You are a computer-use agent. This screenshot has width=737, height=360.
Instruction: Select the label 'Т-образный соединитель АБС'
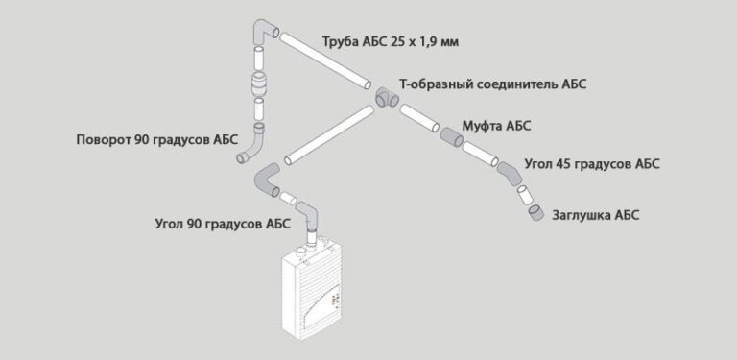[x=492, y=84]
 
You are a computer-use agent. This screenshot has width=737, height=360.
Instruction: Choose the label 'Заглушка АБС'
[x=595, y=215]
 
